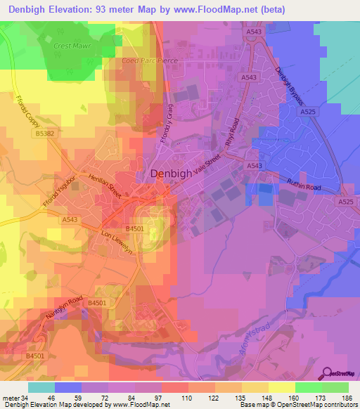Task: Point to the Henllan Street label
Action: click(x=105, y=185)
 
